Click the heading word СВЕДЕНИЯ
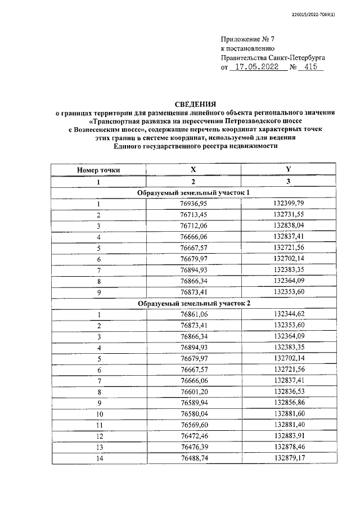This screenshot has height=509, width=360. [194, 103]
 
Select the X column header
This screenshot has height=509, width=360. [193, 169]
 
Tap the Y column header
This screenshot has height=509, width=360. [289, 169]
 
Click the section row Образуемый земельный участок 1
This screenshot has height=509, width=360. [193, 193]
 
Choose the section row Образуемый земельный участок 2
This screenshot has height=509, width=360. [193, 303]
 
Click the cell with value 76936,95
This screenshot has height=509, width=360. [193, 204]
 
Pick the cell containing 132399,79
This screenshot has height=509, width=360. [289, 204]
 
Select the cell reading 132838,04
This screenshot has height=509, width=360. [289, 226]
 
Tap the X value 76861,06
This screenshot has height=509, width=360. [193, 314]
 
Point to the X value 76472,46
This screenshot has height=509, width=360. [193, 436]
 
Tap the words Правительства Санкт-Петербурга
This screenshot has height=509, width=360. [272, 57]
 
